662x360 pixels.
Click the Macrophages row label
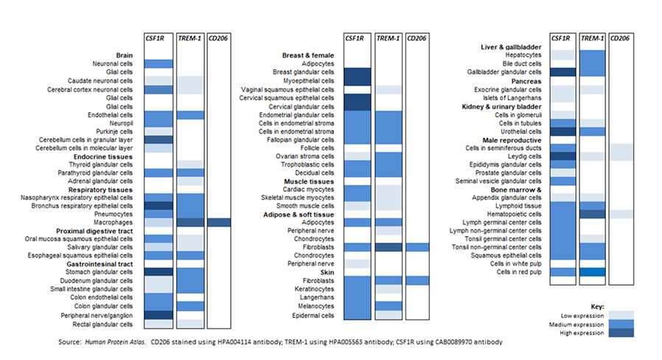click(113, 222)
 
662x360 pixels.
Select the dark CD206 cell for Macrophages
click(219, 222)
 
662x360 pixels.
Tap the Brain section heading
click(124, 55)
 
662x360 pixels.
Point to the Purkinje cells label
click(114, 131)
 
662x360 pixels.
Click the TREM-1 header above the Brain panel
click(189, 38)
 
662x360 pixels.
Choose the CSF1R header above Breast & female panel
click(354, 38)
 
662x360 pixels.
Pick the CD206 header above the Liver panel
click(620, 38)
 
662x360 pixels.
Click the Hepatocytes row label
click(523, 55)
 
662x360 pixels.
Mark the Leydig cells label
click(524, 156)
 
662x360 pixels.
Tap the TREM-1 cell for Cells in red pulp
click(593, 272)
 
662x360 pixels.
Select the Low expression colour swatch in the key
click(621, 315)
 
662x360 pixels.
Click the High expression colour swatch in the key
click(621, 333)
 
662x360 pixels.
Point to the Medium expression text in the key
click(576, 325)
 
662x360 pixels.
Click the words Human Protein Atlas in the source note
click(115, 342)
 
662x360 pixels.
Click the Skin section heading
click(327, 272)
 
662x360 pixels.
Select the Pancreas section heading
click(526, 81)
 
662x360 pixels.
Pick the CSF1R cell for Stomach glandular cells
click(158, 272)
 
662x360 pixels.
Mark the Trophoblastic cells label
click(307, 165)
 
